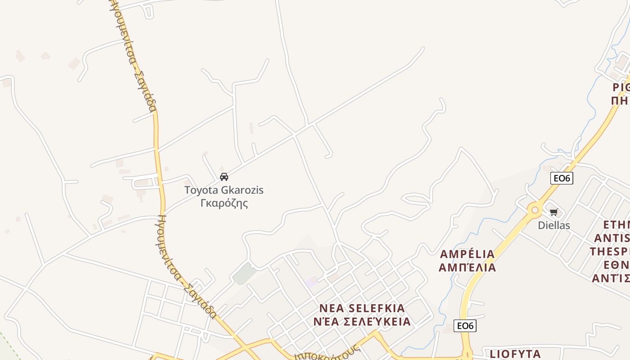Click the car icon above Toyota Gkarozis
(224, 177)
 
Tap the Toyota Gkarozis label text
(224, 190)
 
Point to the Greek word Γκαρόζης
(224, 203)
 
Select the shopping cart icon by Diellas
(553, 212)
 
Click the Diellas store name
(553, 225)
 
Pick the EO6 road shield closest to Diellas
(561, 178)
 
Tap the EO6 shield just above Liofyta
(464, 326)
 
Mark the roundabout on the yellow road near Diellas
(535, 210)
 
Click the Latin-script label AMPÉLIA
(467, 254)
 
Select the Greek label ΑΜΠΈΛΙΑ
(467, 268)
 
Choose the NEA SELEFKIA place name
(362, 308)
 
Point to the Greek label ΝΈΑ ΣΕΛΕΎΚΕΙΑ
(362, 322)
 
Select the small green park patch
(244, 274)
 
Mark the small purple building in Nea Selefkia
(310, 282)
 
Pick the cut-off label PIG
(621, 87)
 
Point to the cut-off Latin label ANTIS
(612, 238)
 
